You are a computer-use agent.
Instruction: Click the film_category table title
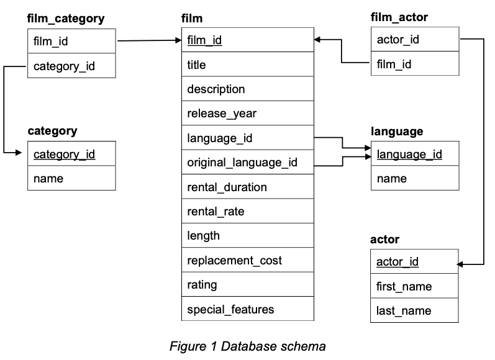[66, 19]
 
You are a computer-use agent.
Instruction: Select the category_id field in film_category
[64, 66]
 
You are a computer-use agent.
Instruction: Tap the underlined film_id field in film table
[205, 41]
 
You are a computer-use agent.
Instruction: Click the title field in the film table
[196, 65]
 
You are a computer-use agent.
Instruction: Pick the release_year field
[222, 114]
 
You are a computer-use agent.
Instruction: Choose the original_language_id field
[242, 163]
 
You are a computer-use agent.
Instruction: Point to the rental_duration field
[227, 187]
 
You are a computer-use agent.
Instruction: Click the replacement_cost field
[234, 261]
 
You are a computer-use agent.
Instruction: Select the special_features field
[230, 309]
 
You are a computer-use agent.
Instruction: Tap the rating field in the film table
[202, 285]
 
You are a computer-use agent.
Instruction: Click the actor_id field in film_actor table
[397, 40]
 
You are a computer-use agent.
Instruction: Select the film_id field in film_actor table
[394, 64]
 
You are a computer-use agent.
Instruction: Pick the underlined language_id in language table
[409, 154]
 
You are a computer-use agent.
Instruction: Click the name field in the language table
[391, 178]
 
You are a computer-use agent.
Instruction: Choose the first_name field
[404, 286]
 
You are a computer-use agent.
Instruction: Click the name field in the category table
[48, 178]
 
